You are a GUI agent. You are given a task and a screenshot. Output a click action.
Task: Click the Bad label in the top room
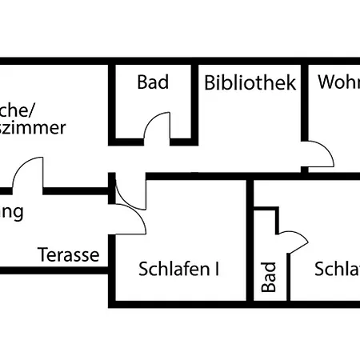(153, 82)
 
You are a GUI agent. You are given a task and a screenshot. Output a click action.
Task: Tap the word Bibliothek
(250, 82)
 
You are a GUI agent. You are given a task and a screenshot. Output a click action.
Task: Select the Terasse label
(69, 255)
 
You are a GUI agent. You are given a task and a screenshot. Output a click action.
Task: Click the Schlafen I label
(178, 269)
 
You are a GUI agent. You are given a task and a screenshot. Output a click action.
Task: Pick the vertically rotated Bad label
(269, 277)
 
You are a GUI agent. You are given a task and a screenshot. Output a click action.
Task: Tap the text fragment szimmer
(33, 128)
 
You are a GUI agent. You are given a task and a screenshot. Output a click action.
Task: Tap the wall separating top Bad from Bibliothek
(195, 100)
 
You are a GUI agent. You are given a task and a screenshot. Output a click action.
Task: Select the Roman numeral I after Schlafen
(217, 269)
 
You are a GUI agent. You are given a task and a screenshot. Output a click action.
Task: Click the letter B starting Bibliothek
(210, 82)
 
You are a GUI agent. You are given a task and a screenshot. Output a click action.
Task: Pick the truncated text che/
(17, 110)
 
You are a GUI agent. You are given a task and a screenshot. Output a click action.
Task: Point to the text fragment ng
(11, 213)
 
